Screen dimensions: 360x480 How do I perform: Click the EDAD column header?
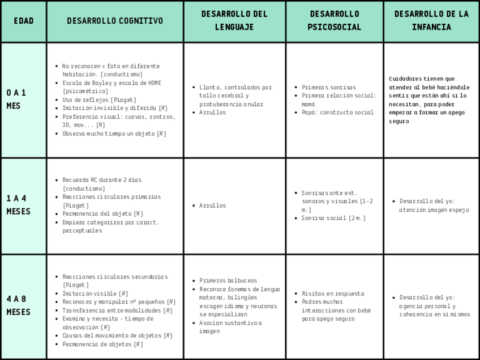(x=23, y=21)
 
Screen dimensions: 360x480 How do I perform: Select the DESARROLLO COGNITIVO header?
(x=115, y=21)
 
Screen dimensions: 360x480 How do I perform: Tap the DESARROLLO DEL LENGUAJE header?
(x=234, y=20)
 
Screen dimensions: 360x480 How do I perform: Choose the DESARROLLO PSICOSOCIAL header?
(x=335, y=20)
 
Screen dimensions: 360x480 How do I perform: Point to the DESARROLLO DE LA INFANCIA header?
(x=431, y=20)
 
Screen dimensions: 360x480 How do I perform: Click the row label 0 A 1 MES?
(x=16, y=99)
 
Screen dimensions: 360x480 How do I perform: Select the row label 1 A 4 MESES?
(x=18, y=205)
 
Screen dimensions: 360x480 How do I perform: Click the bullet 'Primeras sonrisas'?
(x=329, y=87)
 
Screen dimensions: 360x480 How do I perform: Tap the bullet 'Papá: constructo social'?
(x=337, y=112)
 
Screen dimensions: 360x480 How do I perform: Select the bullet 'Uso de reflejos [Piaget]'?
(x=99, y=100)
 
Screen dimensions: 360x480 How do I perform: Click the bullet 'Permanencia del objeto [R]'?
(x=102, y=214)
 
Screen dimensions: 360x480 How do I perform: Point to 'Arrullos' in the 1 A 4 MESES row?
(x=212, y=205)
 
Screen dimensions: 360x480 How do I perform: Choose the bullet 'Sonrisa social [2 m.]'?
(x=333, y=218)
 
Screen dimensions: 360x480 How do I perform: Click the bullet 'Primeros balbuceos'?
(x=228, y=281)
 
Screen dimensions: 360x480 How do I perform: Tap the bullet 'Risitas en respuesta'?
(x=333, y=294)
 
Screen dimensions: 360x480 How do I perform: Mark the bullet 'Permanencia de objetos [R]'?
(x=102, y=344)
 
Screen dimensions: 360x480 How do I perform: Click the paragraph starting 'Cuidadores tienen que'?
(x=429, y=100)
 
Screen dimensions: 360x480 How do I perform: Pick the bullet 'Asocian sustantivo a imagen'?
(x=230, y=327)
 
